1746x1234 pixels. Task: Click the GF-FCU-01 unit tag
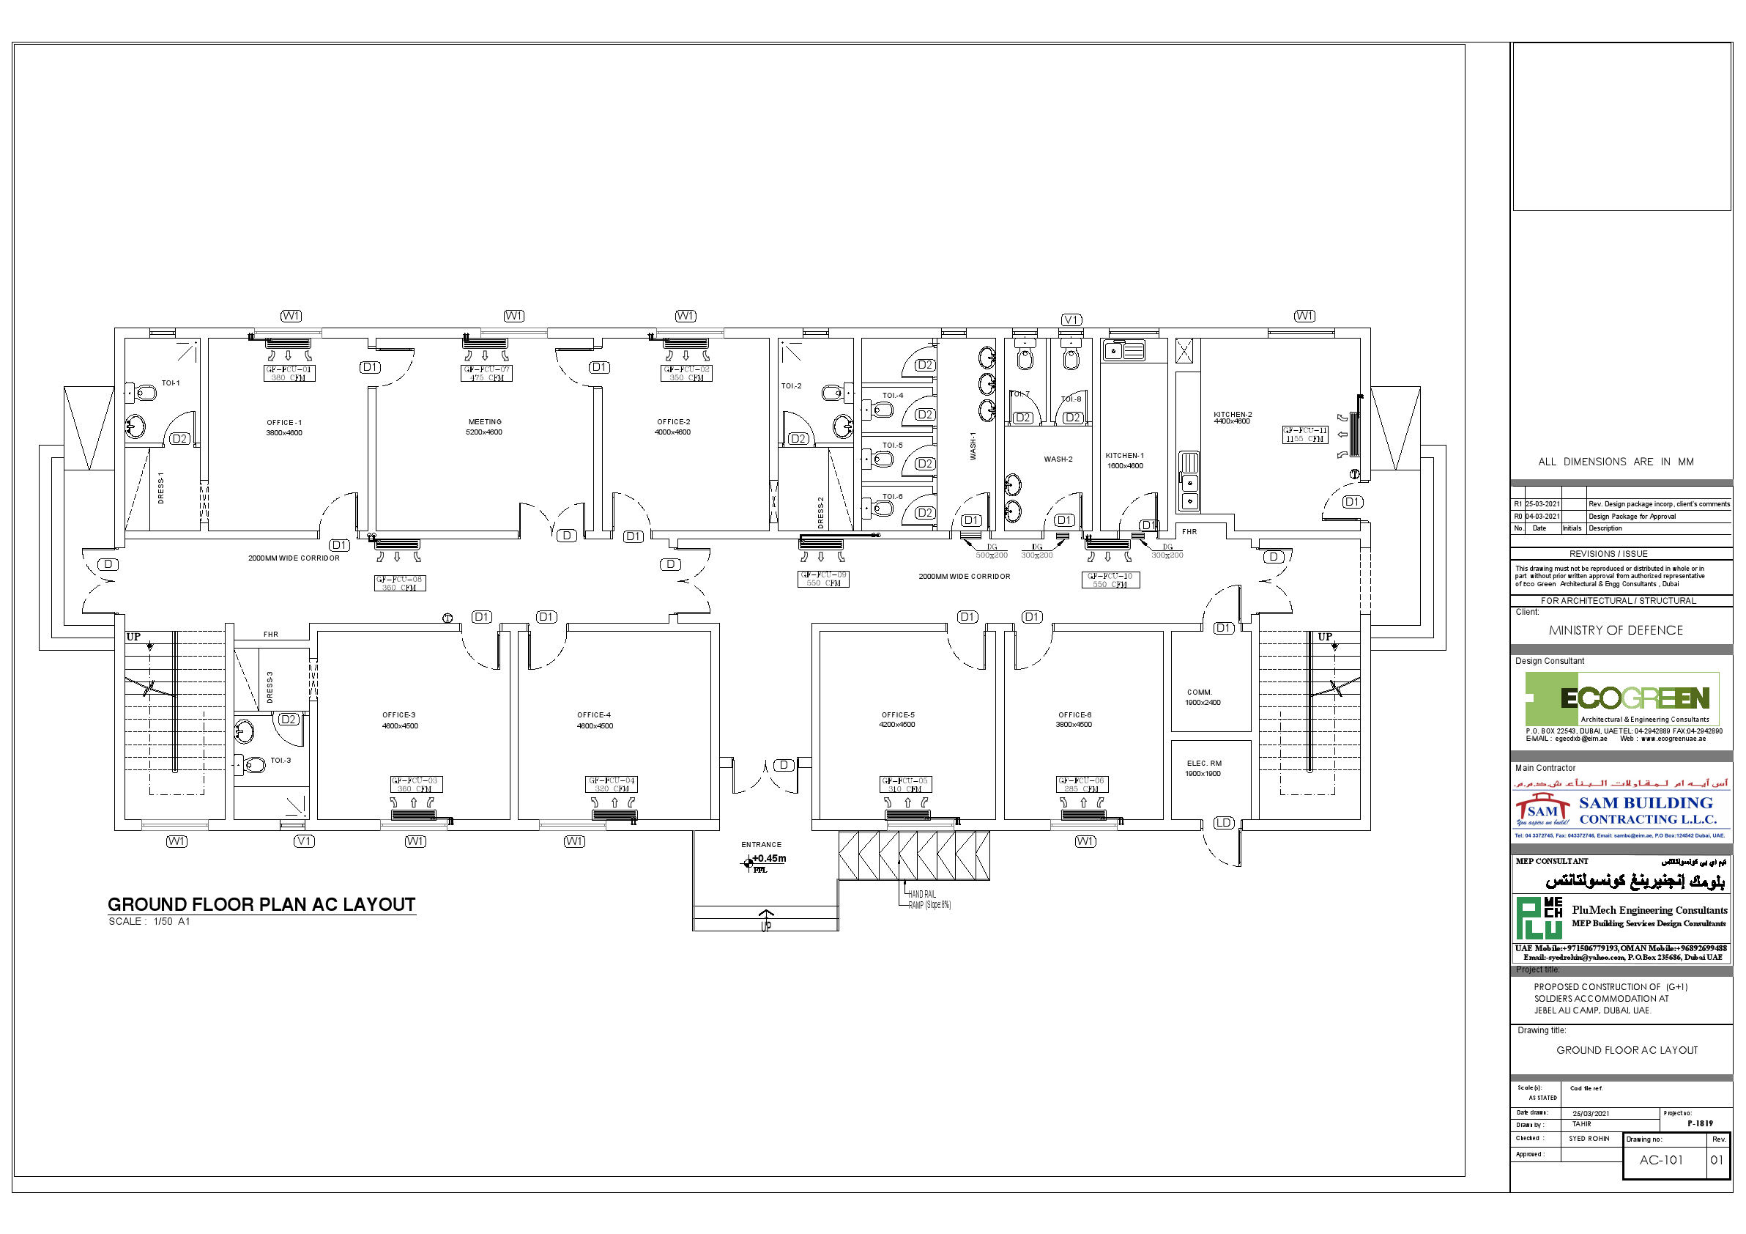tap(289, 373)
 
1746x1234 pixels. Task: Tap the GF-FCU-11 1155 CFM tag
tap(1305, 435)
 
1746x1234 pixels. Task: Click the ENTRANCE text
tap(761, 844)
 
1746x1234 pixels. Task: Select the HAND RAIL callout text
tap(921, 894)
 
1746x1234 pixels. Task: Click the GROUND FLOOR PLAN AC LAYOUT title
tap(261, 904)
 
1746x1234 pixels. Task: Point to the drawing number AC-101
tap(1661, 1160)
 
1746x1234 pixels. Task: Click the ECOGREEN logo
tap(1621, 698)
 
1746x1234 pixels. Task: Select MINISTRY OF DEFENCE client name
tap(1615, 630)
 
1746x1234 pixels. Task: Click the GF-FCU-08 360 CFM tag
tap(400, 583)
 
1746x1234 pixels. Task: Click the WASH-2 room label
tap(1058, 459)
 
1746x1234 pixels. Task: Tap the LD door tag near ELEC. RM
tap(1223, 822)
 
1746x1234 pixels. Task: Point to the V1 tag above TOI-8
tap(1071, 319)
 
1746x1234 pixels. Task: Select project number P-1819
tap(1700, 1123)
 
